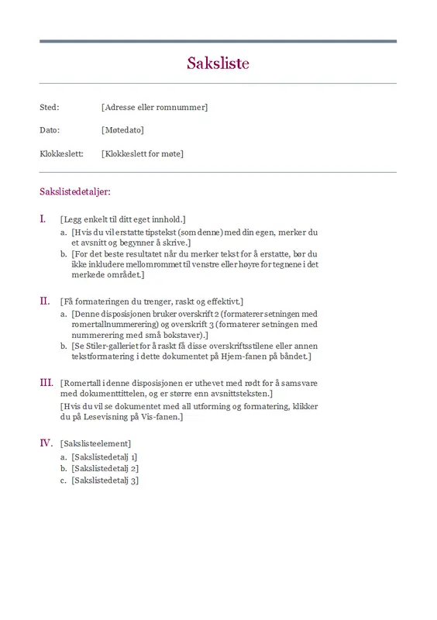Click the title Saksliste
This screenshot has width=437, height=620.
[x=218, y=63]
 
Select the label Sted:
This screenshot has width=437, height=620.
[x=49, y=107]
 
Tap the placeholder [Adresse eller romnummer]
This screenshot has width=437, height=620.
[x=154, y=107]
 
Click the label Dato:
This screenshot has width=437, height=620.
[x=50, y=130]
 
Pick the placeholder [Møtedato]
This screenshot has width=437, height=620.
[x=122, y=130]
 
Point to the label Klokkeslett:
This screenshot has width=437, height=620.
[x=61, y=153]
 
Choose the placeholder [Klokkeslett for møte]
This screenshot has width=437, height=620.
[x=143, y=153]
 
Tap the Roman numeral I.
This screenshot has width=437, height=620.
[x=43, y=219]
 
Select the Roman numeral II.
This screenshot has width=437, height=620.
[x=44, y=300]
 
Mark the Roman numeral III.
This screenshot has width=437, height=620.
[x=46, y=382]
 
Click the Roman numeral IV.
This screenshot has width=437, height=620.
[x=46, y=443]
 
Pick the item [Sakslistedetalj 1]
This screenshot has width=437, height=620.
[x=105, y=457]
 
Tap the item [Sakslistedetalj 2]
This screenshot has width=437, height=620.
[x=105, y=469]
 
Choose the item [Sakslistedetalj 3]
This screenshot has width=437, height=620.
[x=105, y=480]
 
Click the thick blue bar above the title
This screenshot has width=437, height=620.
[x=218, y=41]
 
